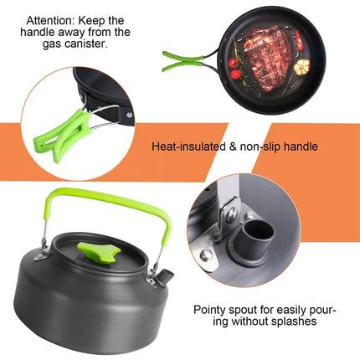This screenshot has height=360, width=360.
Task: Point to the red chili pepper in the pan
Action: [297, 39]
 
